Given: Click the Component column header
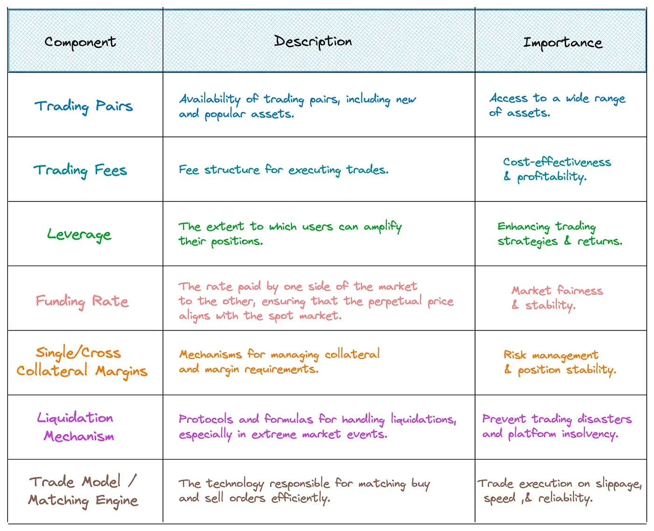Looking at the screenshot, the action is click(80, 43).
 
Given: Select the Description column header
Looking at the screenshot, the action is click(313, 42).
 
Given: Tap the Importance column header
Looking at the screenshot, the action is click(563, 43).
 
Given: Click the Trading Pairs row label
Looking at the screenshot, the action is click(84, 107).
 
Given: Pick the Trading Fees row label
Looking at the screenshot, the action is click(80, 171).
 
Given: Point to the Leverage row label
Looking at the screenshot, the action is click(79, 235).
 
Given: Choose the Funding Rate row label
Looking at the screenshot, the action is click(82, 301).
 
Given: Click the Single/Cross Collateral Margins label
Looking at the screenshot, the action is click(82, 362).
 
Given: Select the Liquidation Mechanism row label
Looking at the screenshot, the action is click(76, 427).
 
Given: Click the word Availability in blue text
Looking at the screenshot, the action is click(210, 100).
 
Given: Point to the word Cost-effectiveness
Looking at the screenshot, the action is click(557, 162).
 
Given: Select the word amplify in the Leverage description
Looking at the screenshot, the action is click(383, 227).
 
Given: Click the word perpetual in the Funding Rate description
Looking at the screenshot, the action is click(395, 301).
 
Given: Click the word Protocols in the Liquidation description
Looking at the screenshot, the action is click(206, 419).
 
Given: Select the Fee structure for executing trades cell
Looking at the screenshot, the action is click(284, 170).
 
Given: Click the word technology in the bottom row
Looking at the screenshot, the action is click(235, 484).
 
